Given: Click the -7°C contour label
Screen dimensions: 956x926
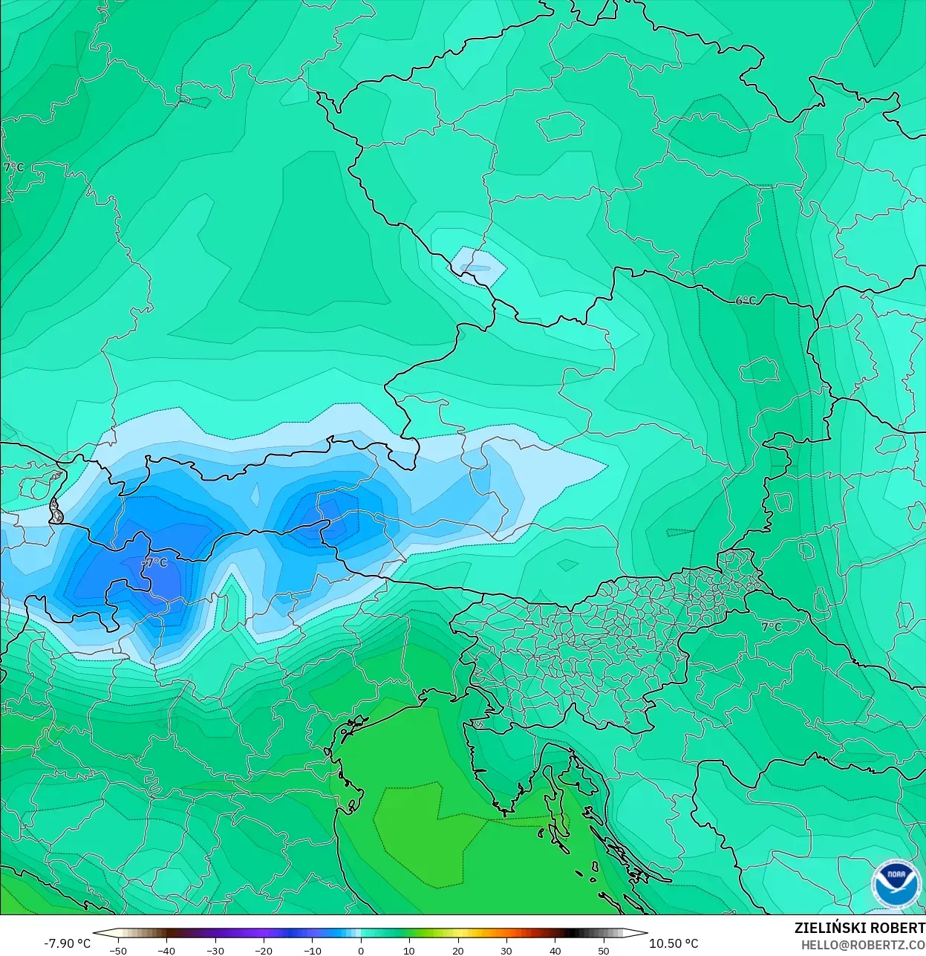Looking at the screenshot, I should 155,563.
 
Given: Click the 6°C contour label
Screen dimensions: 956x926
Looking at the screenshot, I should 746,301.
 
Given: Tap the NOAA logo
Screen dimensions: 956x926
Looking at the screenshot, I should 896,884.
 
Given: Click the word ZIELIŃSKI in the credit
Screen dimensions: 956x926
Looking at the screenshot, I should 825,928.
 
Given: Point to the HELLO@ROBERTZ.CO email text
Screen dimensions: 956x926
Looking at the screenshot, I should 863,945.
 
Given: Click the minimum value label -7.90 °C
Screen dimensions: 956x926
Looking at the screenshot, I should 67,943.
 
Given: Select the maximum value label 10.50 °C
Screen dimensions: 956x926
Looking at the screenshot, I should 674,943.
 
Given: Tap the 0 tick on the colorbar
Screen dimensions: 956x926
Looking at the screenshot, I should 361,951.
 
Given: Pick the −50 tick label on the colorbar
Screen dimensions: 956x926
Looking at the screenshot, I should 117,951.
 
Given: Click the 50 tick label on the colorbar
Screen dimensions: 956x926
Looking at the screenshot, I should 604,951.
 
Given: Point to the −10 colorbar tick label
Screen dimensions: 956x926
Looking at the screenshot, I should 313,951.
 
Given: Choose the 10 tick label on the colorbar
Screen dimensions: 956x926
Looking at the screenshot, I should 409,951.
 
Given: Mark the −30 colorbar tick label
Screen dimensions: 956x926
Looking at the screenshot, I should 215,951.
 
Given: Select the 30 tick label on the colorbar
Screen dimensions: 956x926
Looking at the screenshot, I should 506,951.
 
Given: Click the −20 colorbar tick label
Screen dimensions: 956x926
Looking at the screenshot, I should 264,951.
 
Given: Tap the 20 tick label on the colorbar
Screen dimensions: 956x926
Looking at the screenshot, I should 457,951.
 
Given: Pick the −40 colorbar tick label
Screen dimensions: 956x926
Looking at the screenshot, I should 166,951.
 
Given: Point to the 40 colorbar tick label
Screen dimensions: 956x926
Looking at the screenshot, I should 555,951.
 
